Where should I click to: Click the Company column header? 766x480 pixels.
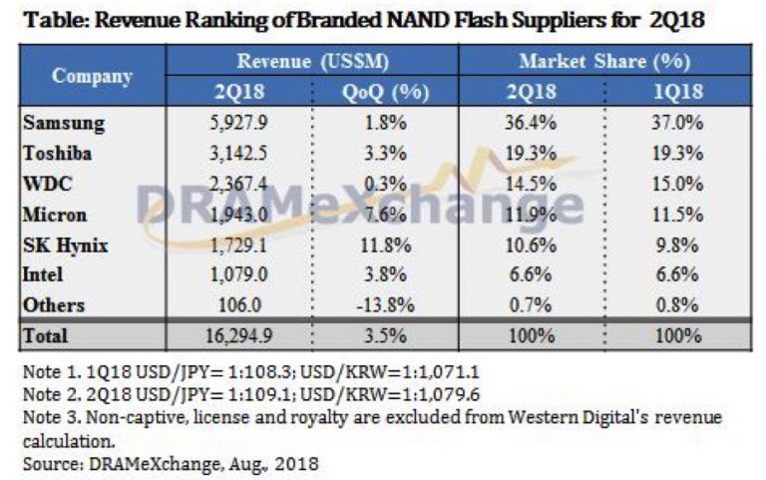pos(93,76)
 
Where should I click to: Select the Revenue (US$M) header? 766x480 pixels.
pos(312,61)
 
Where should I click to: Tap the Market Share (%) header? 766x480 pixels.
pos(604,61)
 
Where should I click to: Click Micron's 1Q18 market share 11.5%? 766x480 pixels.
pos(679,216)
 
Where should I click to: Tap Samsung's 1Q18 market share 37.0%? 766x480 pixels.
pos(679,124)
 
